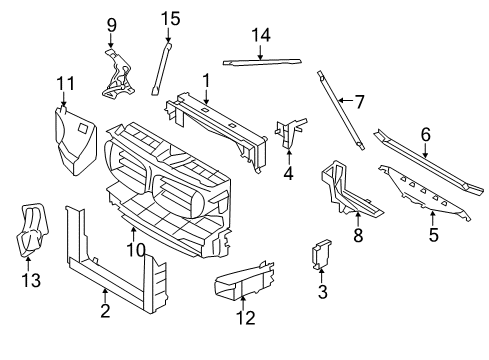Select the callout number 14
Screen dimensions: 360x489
click(x=260, y=35)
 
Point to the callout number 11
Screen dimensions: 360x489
click(x=66, y=82)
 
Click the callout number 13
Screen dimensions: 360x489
click(x=32, y=281)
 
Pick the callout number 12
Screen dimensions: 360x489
click(x=245, y=318)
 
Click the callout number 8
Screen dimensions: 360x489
click(x=358, y=236)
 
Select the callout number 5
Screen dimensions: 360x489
click(x=433, y=237)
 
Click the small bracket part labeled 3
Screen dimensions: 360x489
click(x=321, y=255)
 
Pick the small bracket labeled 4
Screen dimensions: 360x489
click(x=290, y=133)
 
